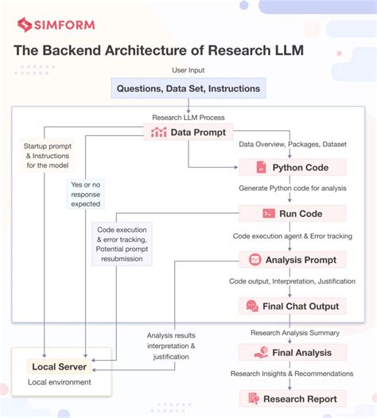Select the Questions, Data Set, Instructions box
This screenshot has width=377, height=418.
click(188, 88)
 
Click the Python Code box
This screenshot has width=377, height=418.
click(292, 168)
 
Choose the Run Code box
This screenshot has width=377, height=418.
click(292, 214)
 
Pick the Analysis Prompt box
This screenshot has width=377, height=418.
click(292, 260)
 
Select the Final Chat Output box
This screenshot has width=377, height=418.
click(292, 306)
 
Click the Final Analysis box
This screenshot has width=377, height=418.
click(292, 352)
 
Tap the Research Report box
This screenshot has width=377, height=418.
click(292, 399)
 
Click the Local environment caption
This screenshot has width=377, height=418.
click(60, 382)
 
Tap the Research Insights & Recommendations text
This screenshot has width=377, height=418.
click(292, 373)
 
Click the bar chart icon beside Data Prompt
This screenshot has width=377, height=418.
click(158, 132)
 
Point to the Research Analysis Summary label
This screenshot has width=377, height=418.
click(292, 332)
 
